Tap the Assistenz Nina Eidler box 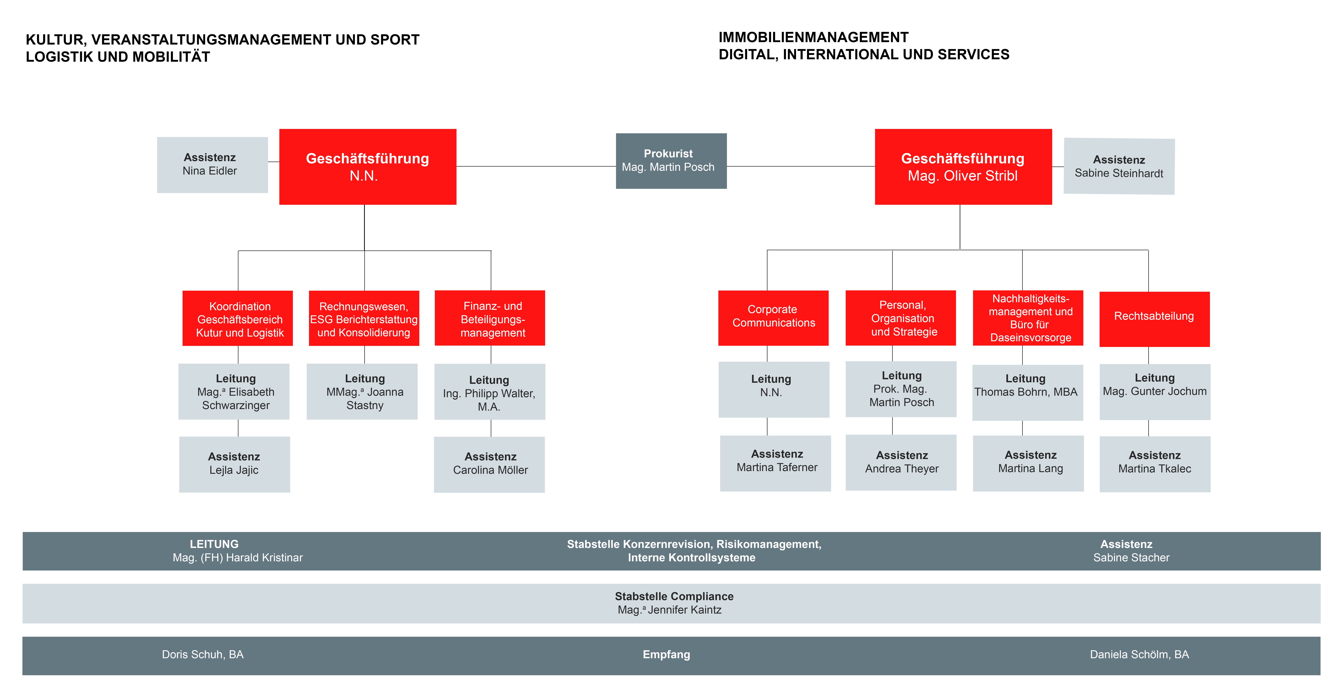[x=212, y=164]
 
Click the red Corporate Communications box [x=773, y=317]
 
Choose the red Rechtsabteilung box [x=1154, y=319]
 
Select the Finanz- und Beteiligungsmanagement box [x=490, y=318]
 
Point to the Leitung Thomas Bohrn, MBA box [x=1027, y=392]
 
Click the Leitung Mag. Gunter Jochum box [x=1155, y=391]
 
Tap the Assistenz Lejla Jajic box [x=234, y=464]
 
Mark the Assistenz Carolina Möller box [x=489, y=464]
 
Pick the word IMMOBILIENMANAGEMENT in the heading [x=813, y=37]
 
